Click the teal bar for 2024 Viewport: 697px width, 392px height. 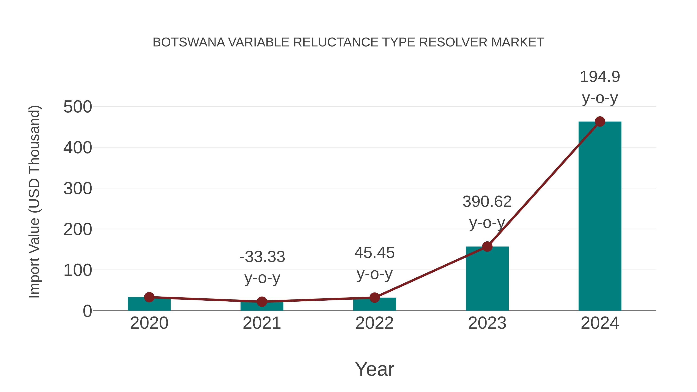(x=600, y=216)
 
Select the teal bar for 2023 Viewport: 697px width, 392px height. (x=487, y=279)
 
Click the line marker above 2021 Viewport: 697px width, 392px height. (x=262, y=301)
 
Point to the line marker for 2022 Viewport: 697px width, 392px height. (x=374, y=298)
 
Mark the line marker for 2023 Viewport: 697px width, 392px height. (x=487, y=246)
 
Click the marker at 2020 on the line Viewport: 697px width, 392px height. (x=149, y=297)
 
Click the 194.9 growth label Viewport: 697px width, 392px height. (x=600, y=77)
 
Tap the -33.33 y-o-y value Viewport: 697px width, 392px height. (x=262, y=257)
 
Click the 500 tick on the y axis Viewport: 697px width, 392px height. (x=78, y=107)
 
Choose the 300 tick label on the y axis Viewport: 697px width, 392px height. (x=78, y=189)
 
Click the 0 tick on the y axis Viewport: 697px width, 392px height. (x=87, y=311)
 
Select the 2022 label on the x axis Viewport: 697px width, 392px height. (x=374, y=323)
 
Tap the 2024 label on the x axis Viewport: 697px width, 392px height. (x=600, y=323)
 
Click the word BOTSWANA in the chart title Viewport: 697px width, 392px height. (x=189, y=42)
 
